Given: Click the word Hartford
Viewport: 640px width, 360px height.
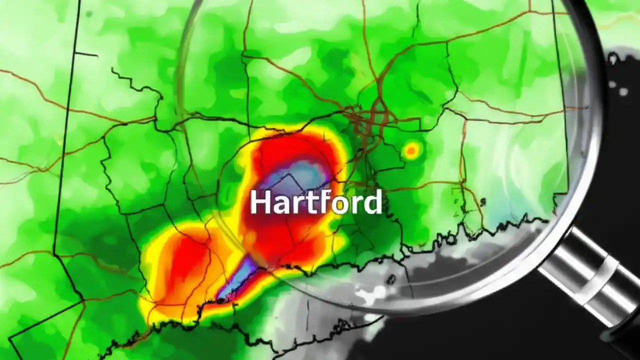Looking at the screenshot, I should (315, 202).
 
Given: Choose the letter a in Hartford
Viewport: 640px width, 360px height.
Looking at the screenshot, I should (280, 205).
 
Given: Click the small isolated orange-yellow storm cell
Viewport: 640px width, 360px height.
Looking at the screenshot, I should (411, 149).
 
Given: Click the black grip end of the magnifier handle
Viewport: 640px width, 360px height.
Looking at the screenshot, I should (625, 340).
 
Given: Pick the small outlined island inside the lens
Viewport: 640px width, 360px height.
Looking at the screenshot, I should (483, 202).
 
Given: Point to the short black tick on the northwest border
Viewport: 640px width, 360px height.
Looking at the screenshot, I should (86, 54).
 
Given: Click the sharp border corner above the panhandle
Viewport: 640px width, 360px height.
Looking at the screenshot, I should (83, 300).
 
